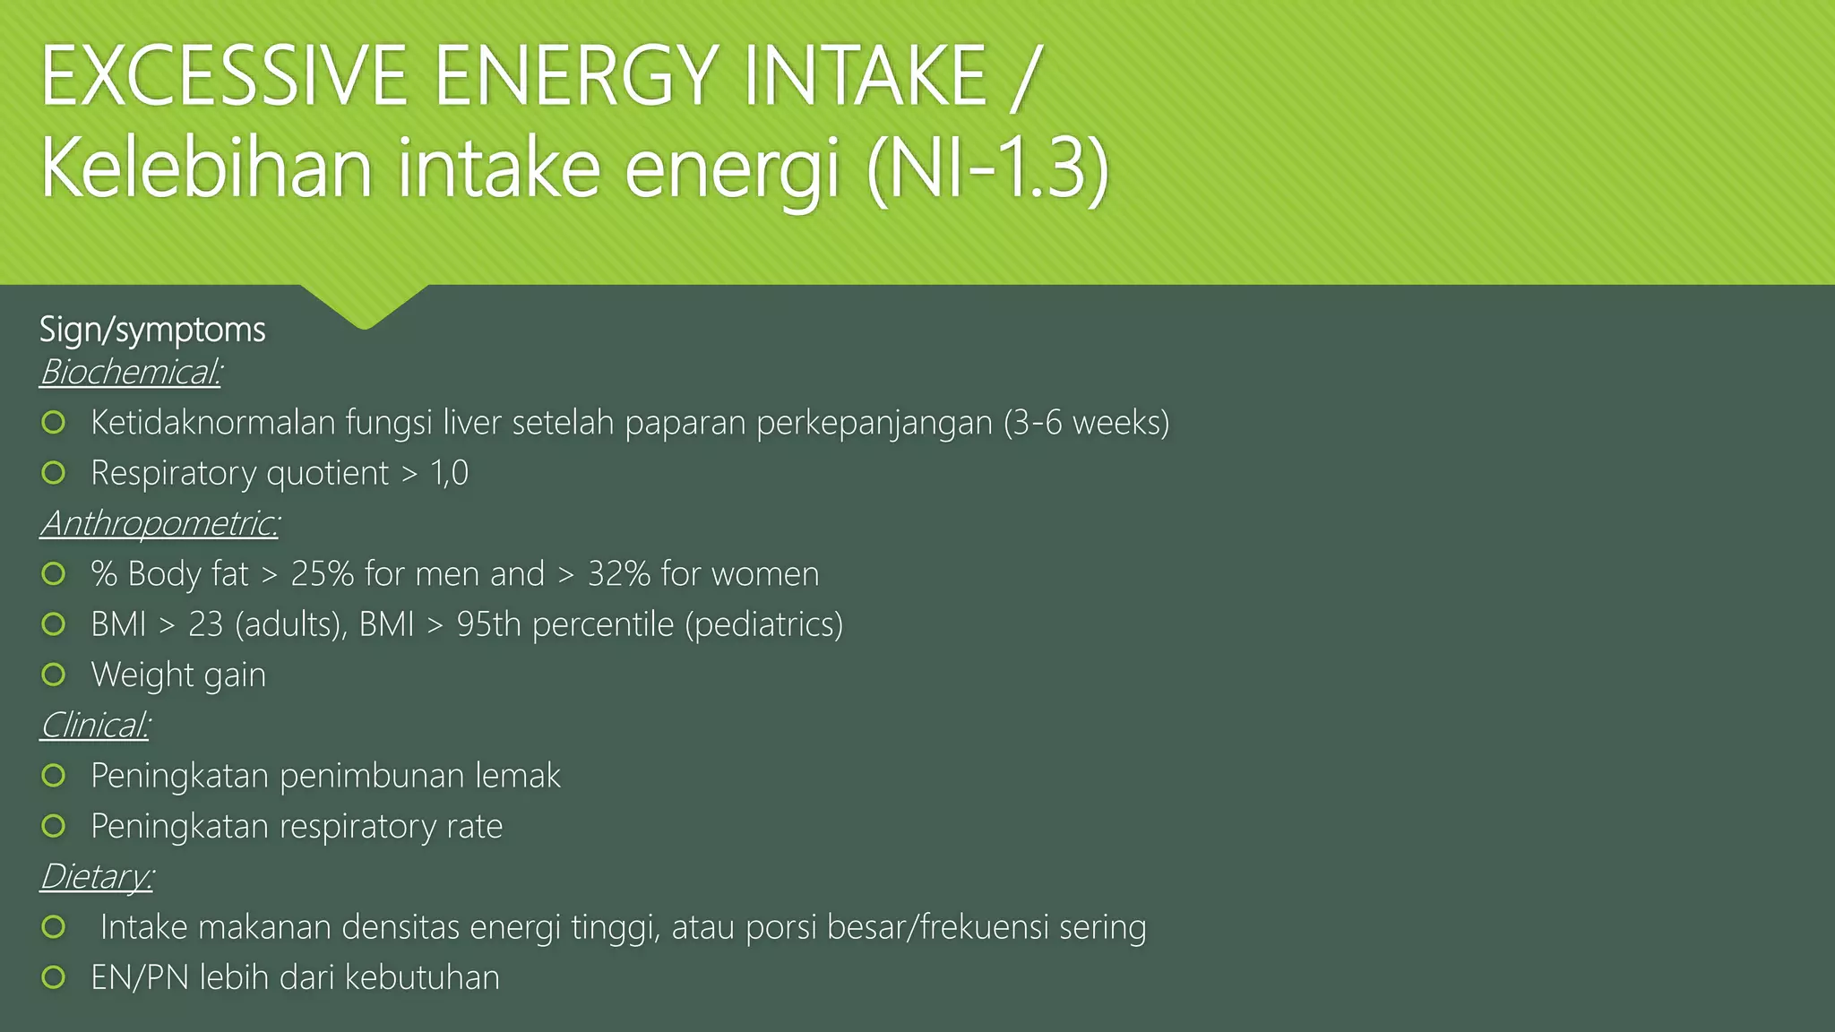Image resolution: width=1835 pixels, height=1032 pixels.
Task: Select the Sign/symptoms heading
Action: [x=152, y=330]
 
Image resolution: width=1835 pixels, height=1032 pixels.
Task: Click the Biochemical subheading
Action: [x=131, y=372]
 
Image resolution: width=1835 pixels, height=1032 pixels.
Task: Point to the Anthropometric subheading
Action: [x=159, y=523]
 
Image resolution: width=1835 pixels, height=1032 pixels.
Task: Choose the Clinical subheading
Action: [x=95, y=725]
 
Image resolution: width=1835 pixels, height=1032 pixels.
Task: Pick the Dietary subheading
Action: [x=97, y=876]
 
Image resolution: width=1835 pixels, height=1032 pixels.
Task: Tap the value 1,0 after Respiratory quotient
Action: [x=449, y=473]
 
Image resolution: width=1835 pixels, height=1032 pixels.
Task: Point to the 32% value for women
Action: [x=619, y=574]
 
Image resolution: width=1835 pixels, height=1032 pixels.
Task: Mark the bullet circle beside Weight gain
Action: [x=54, y=675]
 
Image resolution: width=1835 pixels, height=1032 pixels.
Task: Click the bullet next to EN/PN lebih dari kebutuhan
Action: [x=54, y=977]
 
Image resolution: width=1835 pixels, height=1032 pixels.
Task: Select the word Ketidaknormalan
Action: [x=213, y=422]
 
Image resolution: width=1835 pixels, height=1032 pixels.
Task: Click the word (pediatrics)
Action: [x=764, y=624]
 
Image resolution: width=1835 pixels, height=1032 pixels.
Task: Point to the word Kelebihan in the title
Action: [x=206, y=168]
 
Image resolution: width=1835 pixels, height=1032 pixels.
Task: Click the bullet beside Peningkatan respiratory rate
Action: [x=54, y=826]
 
